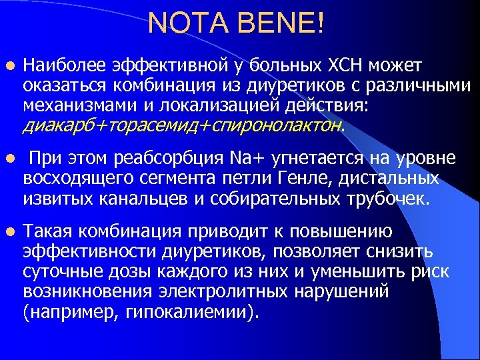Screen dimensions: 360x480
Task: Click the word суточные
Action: [57, 272]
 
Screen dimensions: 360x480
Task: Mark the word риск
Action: [429, 272]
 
